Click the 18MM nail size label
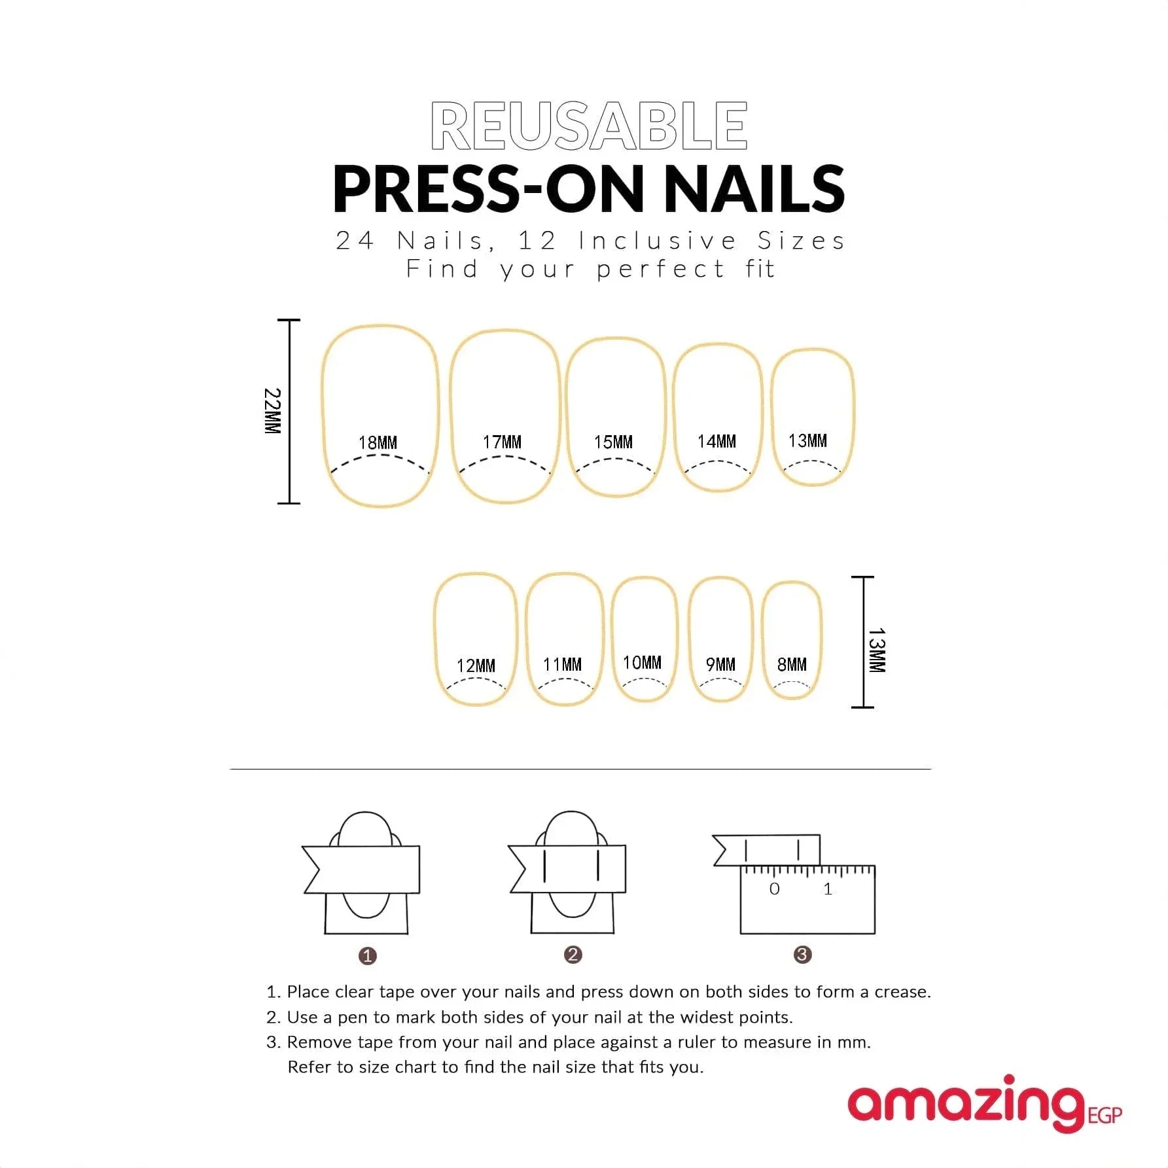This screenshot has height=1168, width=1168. coord(378,443)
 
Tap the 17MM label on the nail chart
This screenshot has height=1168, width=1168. coord(502,442)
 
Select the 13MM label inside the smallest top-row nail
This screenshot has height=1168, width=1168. coord(807,441)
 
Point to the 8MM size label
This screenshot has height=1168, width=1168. coord(792,665)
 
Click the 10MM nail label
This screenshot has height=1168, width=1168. coord(642,663)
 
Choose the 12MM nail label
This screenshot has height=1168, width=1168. coord(476,666)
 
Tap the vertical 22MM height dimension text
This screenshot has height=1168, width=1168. coord(272,411)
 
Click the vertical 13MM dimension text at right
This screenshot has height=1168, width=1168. coord(877,650)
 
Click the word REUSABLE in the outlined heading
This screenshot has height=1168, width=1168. coord(589,126)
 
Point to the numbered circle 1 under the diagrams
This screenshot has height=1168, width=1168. coord(367,956)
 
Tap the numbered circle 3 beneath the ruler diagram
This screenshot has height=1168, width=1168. coord(802,955)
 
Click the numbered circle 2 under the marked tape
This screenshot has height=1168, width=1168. coord(573,955)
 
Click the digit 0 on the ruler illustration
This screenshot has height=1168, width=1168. coord(775,889)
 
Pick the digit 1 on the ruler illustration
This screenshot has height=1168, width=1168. coord(828,889)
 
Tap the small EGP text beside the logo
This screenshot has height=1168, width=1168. coord(1105,1115)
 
